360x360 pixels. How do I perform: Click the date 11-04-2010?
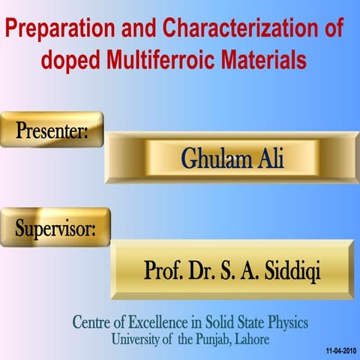click(x=342, y=350)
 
